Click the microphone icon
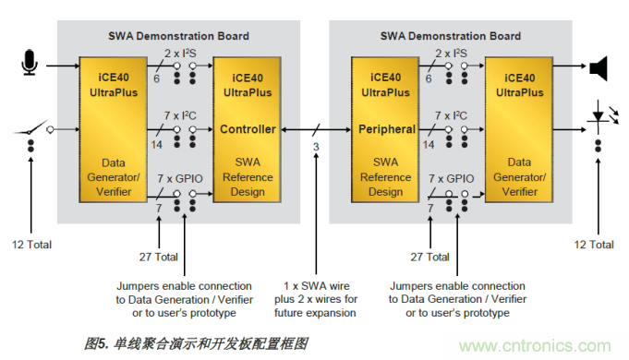(x=30, y=66)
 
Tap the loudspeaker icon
(x=599, y=66)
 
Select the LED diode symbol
(x=599, y=121)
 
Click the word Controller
(x=248, y=129)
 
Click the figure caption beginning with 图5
(x=195, y=342)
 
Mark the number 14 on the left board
(x=155, y=145)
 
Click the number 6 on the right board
(x=429, y=79)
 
